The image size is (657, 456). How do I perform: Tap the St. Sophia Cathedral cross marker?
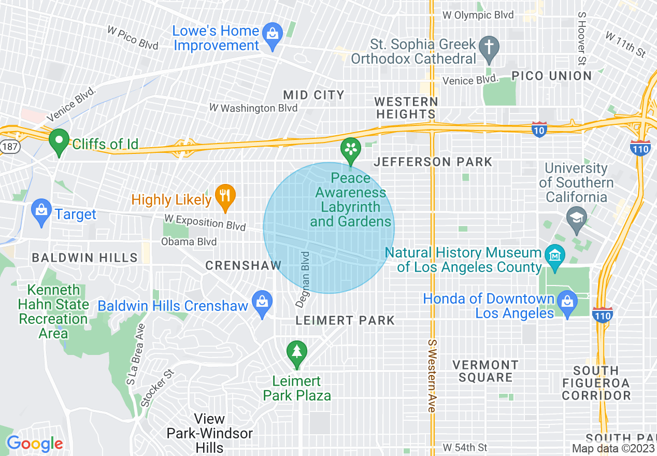(488, 47)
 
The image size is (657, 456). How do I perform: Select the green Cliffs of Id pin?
(59, 141)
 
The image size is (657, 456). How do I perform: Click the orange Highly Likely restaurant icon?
(225, 196)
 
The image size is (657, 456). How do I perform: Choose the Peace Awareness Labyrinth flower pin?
(351, 150)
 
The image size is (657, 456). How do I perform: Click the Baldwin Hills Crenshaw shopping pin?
(263, 302)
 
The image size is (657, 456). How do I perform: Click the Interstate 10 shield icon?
(539, 130)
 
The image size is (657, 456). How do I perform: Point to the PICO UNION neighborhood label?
(551, 76)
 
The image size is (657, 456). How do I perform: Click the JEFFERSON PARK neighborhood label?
(433, 162)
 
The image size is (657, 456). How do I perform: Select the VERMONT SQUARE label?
(485, 371)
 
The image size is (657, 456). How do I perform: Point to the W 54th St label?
(465, 447)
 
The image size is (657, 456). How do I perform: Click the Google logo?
(34, 444)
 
